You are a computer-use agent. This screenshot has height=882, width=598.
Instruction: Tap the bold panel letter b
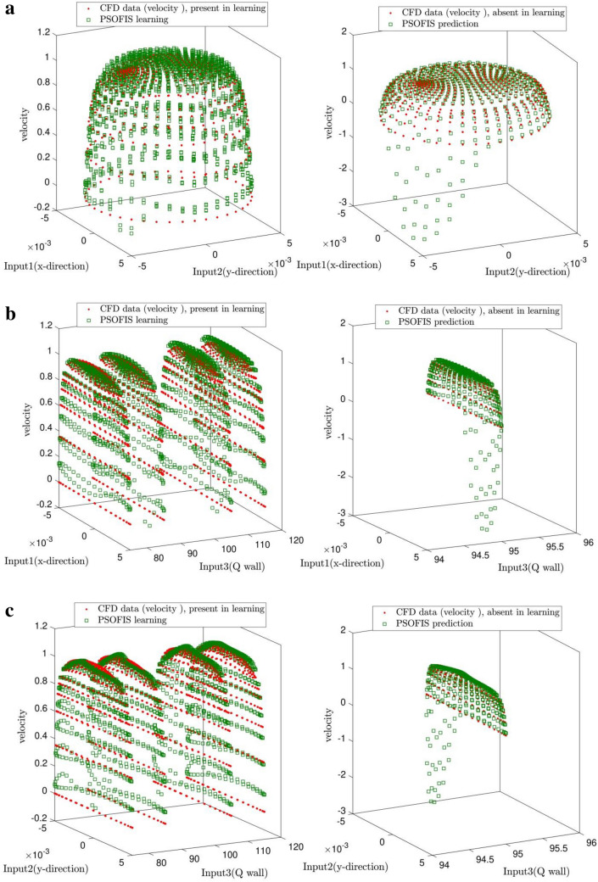(x=10, y=299)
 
